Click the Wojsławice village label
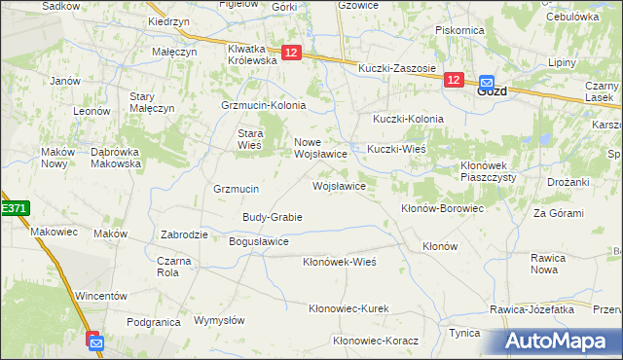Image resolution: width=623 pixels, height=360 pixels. click(x=339, y=185)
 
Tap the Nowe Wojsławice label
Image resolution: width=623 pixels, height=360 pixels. click(x=321, y=148)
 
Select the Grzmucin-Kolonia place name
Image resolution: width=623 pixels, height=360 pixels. click(x=264, y=105)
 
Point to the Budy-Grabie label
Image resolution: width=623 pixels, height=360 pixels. click(x=273, y=217)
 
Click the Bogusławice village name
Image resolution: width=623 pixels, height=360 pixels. click(x=258, y=240)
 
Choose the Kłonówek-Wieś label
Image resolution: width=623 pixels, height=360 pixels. click(x=340, y=262)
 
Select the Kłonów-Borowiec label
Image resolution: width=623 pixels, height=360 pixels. click(x=443, y=208)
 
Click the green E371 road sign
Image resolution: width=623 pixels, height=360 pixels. click(x=14, y=208)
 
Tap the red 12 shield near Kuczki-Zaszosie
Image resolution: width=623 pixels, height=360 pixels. click(x=454, y=81)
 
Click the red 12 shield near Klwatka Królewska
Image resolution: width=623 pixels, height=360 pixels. click(x=292, y=54)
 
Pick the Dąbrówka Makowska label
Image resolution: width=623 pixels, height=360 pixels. click(x=116, y=158)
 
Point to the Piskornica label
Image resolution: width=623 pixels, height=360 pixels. click(x=460, y=30)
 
